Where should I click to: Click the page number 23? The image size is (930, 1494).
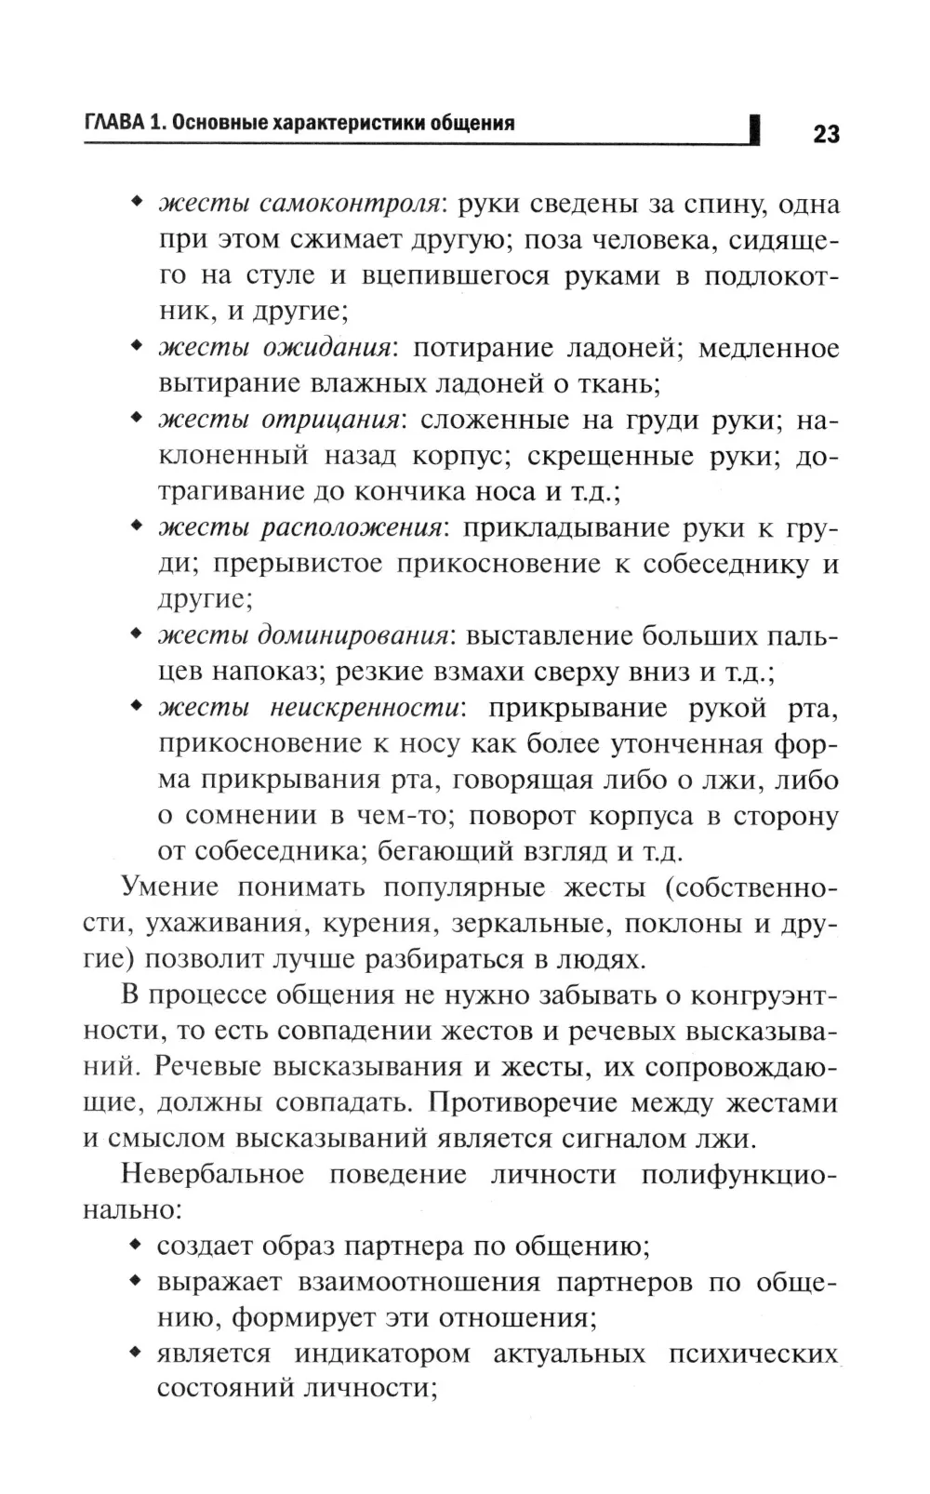(x=826, y=134)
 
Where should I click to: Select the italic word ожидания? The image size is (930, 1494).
(x=325, y=348)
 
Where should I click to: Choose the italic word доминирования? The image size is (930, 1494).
(x=353, y=636)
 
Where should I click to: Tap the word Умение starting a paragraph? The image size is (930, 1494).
(x=169, y=887)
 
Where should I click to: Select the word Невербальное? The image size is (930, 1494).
(x=212, y=1174)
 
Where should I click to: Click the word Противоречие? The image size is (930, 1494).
(x=524, y=1103)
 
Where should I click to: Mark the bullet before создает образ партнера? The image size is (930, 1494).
(x=136, y=1245)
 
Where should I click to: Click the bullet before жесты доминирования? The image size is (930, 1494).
(x=136, y=635)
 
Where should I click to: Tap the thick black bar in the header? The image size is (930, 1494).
(x=754, y=129)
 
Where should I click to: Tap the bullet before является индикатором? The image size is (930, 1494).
(x=136, y=1353)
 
